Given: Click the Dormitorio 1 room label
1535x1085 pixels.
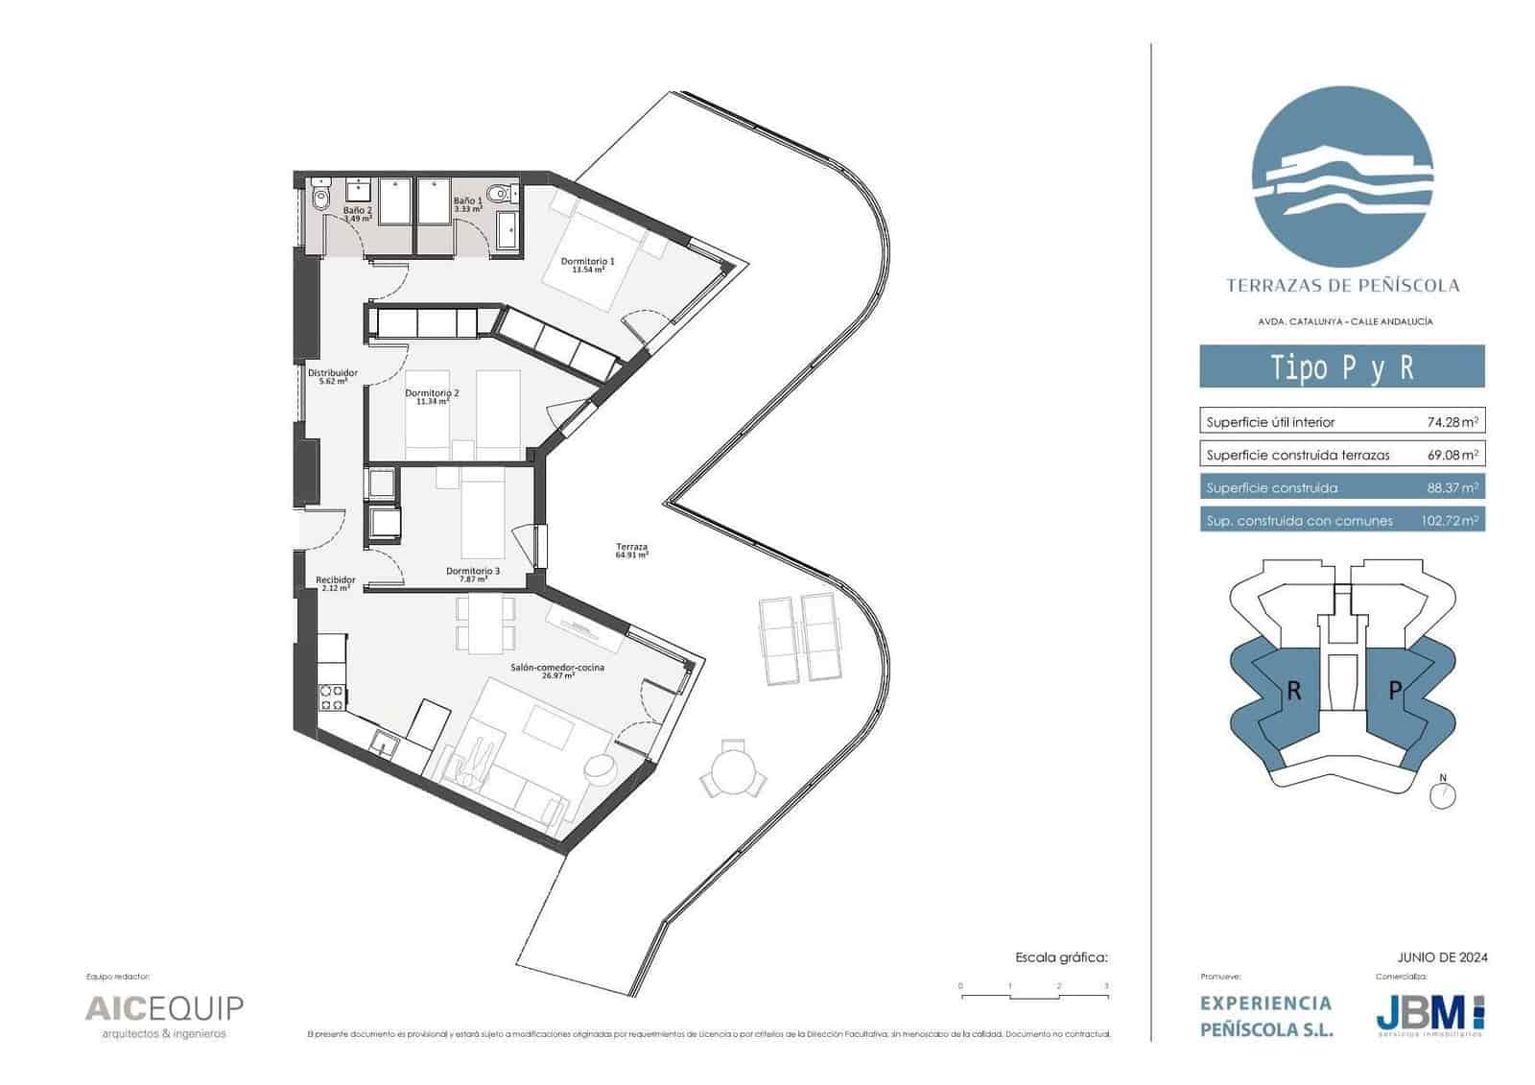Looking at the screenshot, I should (x=587, y=265).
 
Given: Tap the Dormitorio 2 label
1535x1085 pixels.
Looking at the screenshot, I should (x=432, y=397).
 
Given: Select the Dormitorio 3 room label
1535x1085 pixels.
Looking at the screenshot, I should (x=472, y=575).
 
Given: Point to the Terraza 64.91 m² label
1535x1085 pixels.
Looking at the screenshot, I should (x=632, y=550).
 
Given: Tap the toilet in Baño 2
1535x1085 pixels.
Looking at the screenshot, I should (x=319, y=197).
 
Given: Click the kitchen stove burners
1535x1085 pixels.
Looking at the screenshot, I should (x=332, y=696).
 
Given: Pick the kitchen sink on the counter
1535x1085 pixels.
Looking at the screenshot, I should (x=387, y=743).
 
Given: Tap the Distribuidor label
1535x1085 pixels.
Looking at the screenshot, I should (x=332, y=376).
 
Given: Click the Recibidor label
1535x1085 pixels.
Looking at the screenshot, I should (x=336, y=583).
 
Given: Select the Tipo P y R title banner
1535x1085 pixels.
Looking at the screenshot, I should (x=1341, y=367).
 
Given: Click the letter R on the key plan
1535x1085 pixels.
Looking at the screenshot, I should (x=1293, y=691).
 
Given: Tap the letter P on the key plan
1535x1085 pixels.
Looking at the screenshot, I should (x=1396, y=691).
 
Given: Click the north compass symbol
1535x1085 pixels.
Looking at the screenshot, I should (x=1443, y=794).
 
